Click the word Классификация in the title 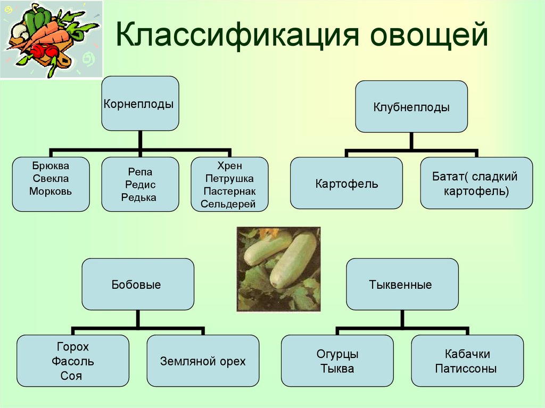pyautogui.click(x=237, y=35)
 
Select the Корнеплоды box pyautogui.click(x=140, y=104)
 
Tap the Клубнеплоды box pyautogui.click(x=411, y=107)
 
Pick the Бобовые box pyautogui.click(x=138, y=284)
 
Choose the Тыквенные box pyautogui.click(x=402, y=284)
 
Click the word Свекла pyautogui.click(x=51, y=178)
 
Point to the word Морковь pyautogui.click(x=51, y=191)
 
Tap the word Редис pyautogui.click(x=140, y=185)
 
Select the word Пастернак pyautogui.click(x=229, y=191)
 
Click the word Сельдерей pyautogui.click(x=228, y=204)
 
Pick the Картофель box pyautogui.click(x=346, y=183)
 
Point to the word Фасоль pyautogui.click(x=72, y=361)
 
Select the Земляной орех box pyautogui.click(x=203, y=361)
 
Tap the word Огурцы pyautogui.click(x=337, y=354)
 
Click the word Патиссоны pyautogui.click(x=466, y=368)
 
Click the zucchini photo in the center pyautogui.click(x=278, y=269)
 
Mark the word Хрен pyautogui.click(x=229, y=166)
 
